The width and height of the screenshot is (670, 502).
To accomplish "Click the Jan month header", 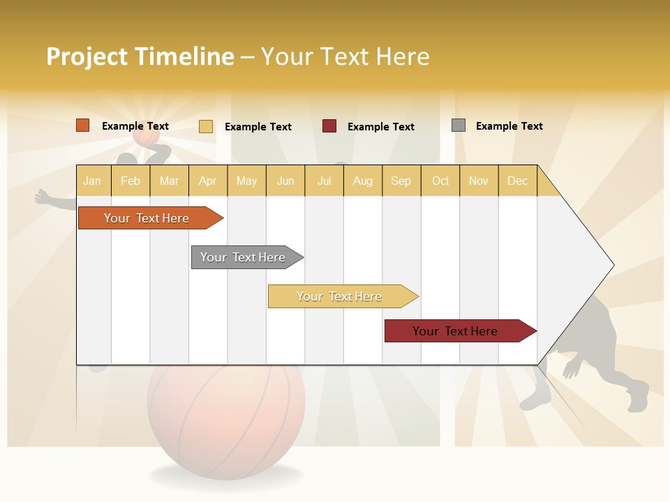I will tap(92, 181).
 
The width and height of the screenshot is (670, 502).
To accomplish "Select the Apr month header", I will tap(207, 181).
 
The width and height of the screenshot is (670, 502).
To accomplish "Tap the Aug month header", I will tap(362, 181).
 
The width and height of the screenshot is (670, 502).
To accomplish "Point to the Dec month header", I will tap(517, 181).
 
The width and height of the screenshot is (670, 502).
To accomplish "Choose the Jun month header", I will tap(285, 181).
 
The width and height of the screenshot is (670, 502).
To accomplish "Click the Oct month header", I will tap(440, 181).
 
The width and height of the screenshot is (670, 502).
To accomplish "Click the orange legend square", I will tap(82, 125).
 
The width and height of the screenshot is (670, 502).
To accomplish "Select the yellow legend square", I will tap(205, 126).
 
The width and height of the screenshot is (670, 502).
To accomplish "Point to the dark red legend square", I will tap(329, 126).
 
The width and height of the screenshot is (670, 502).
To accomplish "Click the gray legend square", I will tap(458, 125).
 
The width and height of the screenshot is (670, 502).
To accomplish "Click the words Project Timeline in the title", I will tap(140, 56).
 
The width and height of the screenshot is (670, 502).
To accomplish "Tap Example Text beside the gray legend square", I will tap(509, 126).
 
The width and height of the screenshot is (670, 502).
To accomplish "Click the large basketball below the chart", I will tap(225, 418).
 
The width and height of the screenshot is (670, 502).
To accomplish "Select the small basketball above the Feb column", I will tap(147, 139).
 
